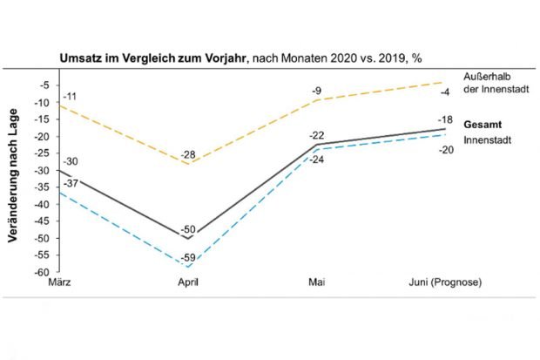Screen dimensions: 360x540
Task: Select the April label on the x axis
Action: (x=189, y=283)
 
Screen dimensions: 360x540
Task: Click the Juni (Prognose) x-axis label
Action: (x=444, y=283)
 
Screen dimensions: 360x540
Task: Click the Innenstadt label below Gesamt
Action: (x=484, y=139)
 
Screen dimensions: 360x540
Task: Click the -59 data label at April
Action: (x=187, y=258)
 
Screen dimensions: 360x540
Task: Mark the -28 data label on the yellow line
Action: (x=187, y=155)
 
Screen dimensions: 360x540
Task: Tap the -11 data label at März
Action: (x=71, y=94)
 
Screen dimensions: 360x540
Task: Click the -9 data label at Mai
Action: (x=317, y=89)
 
